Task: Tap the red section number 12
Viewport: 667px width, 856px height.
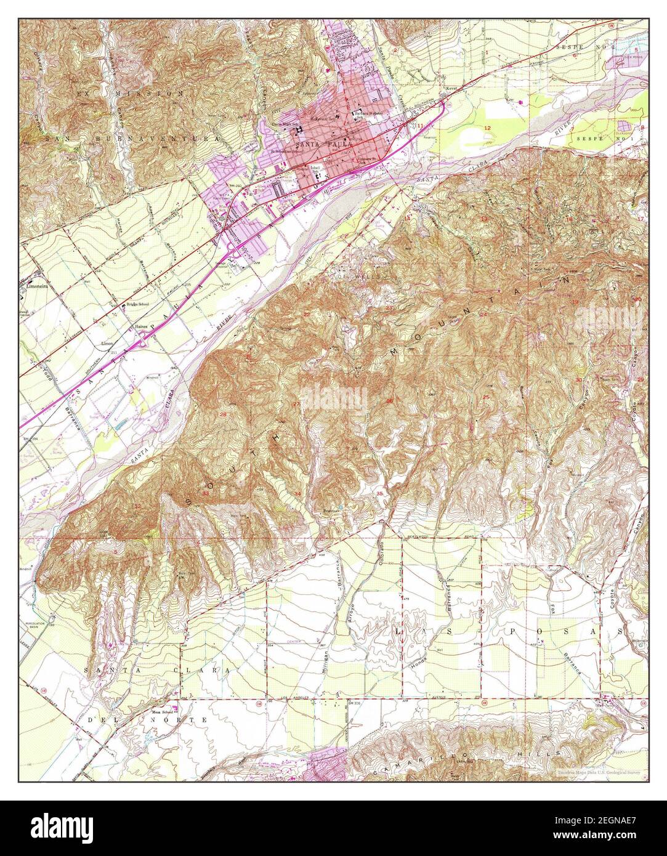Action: pyautogui.click(x=487, y=127)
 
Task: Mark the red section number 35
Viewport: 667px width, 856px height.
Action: pyautogui.click(x=380, y=493)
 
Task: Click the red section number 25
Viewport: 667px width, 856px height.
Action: pyautogui.click(x=486, y=397)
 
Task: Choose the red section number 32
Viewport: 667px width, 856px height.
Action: pyautogui.click(x=137, y=506)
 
